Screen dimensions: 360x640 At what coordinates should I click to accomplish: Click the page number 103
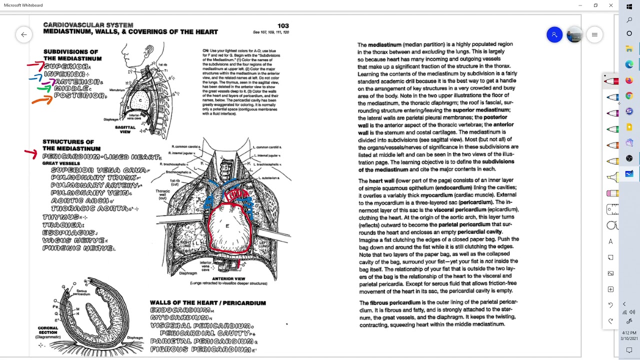tap(283, 25)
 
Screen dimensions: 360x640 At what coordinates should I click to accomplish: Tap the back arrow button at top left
tap(23, 34)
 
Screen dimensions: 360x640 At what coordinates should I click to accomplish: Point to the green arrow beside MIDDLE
tap(44, 89)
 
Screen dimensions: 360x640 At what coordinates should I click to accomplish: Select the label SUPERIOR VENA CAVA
tap(99, 170)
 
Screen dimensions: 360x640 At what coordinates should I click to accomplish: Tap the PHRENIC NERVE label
tap(78, 248)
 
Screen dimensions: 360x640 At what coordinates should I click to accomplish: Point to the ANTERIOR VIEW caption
tap(228, 278)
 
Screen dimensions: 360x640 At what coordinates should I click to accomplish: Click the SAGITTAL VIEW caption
tap(125, 129)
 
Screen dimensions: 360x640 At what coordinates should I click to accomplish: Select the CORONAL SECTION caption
tap(48, 330)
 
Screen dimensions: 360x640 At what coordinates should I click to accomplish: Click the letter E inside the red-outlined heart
tap(227, 226)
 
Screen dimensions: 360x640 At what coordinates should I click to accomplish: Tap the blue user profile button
tap(554, 34)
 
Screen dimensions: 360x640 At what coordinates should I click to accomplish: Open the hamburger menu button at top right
tap(594, 34)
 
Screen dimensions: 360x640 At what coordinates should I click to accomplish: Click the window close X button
tap(610, 5)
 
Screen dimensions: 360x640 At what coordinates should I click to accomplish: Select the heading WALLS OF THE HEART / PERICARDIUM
tap(207, 303)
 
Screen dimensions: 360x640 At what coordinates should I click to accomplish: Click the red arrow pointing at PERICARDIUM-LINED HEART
tap(31, 153)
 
